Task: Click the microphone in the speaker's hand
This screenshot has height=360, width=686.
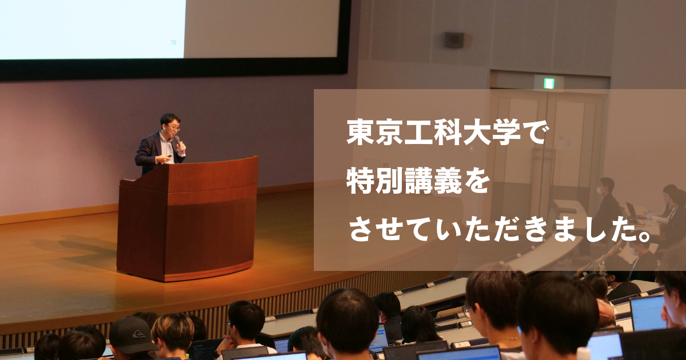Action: tap(178, 142)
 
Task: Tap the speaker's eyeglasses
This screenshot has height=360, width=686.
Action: tap(174, 127)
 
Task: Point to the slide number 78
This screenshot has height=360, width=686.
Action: tap(173, 43)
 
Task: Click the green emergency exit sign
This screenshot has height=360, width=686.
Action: tap(548, 83)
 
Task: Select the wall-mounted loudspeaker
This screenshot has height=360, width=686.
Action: tap(454, 40)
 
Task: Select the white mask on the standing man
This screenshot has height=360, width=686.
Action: tap(598, 191)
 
